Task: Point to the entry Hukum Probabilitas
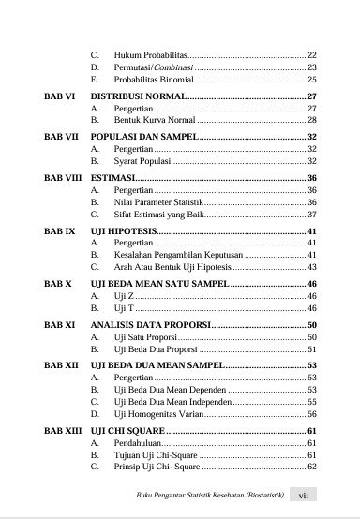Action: tap(150, 56)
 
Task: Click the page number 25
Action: tap(312, 81)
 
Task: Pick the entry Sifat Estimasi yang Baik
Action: tap(160, 215)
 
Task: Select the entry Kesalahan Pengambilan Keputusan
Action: tap(177, 255)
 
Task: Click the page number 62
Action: tap(312, 466)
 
